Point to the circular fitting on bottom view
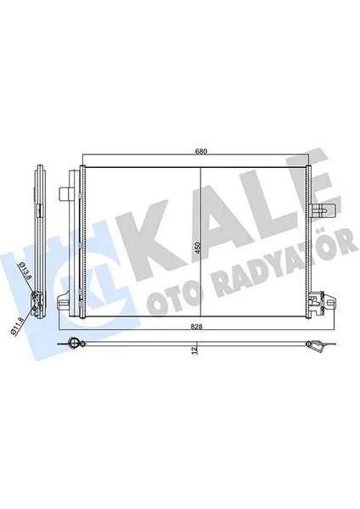75,344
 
